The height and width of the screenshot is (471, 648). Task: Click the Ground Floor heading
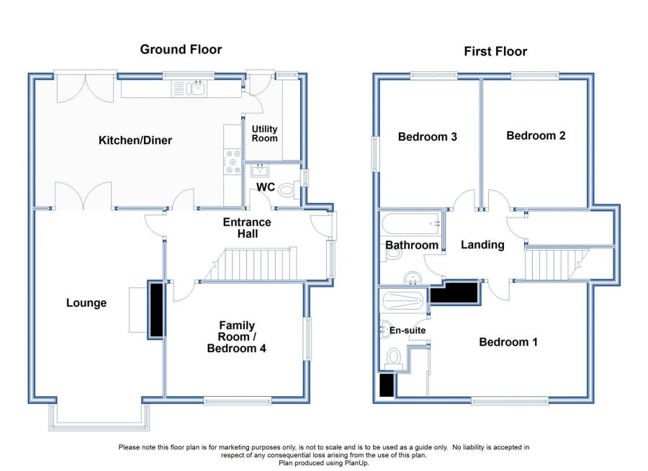(x=181, y=49)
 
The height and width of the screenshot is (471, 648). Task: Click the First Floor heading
(x=495, y=51)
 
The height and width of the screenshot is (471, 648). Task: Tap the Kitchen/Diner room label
(x=135, y=140)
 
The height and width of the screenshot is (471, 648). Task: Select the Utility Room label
(x=264, y=133)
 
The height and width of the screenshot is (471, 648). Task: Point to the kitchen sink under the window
(x=194, y=89)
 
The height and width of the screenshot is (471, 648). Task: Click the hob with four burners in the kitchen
(x=233, y=161)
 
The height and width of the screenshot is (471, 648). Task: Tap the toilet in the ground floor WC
(x=287, y=190)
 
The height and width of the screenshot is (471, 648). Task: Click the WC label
(x=266, y=187)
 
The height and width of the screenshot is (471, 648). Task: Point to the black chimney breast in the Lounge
(x=155, y=309)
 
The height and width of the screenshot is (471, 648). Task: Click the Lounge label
(x=86, y=303)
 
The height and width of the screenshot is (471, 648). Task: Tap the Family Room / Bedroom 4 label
(x=237, y=337)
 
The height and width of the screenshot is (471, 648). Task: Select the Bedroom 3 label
(x=428, y=136)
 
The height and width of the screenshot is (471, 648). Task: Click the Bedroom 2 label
(x=536, y=135)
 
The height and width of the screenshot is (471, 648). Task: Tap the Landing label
(x=482, y=245)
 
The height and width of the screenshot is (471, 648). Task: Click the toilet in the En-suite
(x=394, y=356)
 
